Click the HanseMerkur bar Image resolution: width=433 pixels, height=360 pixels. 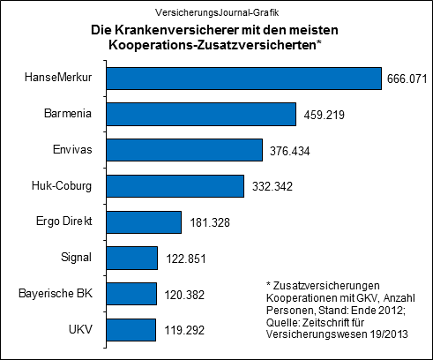238,79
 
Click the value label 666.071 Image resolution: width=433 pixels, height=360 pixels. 407,80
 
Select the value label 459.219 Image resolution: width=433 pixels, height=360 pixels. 324,116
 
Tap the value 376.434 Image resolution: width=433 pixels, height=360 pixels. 290,152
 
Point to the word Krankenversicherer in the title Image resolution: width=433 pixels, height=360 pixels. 175,30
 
